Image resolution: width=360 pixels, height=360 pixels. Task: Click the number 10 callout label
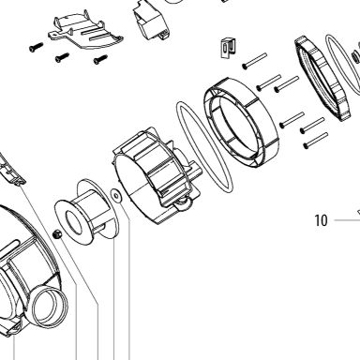[321, 220]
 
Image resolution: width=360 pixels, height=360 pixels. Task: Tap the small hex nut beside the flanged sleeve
[57, 233]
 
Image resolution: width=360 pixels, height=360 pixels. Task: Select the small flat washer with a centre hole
[116, 196]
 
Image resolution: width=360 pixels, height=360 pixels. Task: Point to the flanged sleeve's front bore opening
[74, 223]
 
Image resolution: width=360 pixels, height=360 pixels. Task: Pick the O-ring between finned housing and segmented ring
[204, 146]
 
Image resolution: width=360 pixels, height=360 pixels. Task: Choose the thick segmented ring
[241, 123]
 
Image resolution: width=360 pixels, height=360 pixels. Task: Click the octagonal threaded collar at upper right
[321, 79]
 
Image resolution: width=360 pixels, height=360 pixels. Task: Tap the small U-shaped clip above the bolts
[228, 48]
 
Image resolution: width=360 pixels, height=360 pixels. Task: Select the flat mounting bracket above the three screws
[85, 31]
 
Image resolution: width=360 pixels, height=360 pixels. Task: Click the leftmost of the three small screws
[36, 47]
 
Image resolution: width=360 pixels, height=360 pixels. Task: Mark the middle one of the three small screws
[62, 57]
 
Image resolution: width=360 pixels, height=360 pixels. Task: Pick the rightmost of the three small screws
[100, 59]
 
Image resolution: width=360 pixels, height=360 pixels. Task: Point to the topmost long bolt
[254, 61]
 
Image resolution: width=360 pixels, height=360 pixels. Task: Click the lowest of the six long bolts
[316, 141]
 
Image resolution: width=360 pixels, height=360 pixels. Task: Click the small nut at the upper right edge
[355, 57]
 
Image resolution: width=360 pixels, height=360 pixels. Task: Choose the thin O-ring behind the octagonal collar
[342, 63]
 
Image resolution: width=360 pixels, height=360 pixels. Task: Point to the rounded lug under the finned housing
[182, 204]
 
